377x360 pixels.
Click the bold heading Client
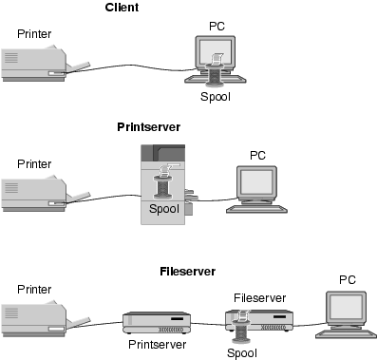point(122,8)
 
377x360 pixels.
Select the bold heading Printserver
point(149,127)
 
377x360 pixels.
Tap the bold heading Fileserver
point(188,272)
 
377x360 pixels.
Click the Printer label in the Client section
point(34,34)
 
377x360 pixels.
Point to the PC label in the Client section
point(217,27)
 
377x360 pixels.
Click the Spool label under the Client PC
point(216,97)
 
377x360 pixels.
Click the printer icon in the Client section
point(46,65)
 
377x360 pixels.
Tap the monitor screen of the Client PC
point(215,52)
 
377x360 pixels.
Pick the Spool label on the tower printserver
point(164,209)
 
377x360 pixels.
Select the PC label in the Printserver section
point(257,156)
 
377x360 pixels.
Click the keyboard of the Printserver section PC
point(256,209)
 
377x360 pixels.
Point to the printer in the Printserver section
point(46,194)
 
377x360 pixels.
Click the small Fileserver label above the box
point(260,298)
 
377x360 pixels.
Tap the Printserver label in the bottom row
point(158,345)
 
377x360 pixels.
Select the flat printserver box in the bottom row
point(157,323)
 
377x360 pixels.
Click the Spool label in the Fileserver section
point(242,353)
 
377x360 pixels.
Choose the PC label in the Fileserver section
point(348,280)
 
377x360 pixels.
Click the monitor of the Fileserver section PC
point(347,309)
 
